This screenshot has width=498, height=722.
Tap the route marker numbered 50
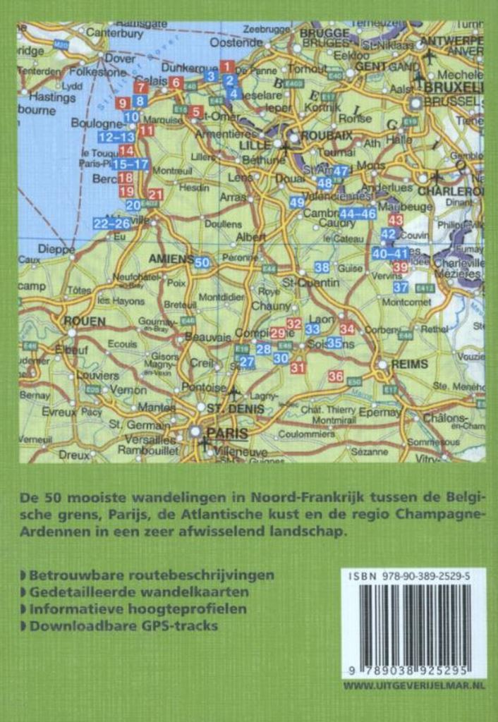[x=202, y=262]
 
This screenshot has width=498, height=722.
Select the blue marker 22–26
[x=112, y=224]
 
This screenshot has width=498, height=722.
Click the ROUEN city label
[x=85, y=321]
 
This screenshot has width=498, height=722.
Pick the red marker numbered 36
[x=336, y=377]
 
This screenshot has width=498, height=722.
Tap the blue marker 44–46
[x=358, y=214]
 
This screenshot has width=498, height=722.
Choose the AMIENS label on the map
[x=170, y=259]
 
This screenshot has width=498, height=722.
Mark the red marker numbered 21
[x=155, y=195]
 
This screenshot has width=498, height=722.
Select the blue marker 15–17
[x=131, y=164]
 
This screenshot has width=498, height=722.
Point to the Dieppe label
[x=56, y=248]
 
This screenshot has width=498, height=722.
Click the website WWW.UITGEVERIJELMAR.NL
[x=414, y=685]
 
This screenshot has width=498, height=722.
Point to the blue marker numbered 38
[x=322, y=267]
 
